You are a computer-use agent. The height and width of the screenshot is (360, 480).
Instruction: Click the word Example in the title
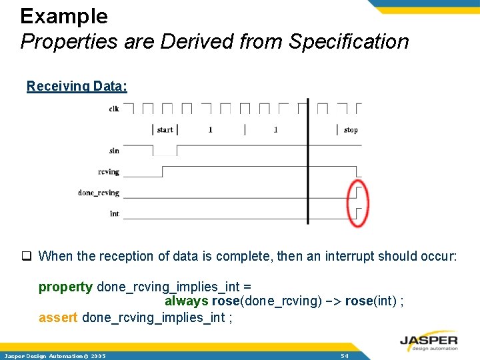pyautogui.click(x=64, y=16)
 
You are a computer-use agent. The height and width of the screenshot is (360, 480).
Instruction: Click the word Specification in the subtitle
pyautogui.click(x=349, y=41)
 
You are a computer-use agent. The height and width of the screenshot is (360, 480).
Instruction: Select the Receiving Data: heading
pyautogui.click(x=77, y=86)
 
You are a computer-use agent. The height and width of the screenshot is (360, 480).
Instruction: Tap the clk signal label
pyautogui.click(x=114, y=109)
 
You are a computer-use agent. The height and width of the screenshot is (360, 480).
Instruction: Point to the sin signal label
pyautogui.click(x=114, y=151)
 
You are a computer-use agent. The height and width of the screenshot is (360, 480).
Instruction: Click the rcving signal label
pyautogui.click(x=109, y=172)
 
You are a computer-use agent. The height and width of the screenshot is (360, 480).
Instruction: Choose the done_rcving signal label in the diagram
pyautogui.click(x=99, y=193)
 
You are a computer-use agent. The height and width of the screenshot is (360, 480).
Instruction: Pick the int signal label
pyautogui.click(x=115, y=213)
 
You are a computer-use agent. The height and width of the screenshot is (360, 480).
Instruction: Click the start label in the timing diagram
pyautogui.click(x=165, y=129)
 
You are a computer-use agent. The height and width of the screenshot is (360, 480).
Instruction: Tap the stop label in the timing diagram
pyautogui.click(x=351, y=129)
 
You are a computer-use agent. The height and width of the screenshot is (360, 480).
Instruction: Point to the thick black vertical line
pyautogui.click(x=307, y=160)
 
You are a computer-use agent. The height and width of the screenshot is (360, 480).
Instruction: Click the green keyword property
pyautogui.click(x=65, y=287)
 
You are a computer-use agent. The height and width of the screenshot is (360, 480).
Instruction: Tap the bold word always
pyautogui.click(x=187, y=301)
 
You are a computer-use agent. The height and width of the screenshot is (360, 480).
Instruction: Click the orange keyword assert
pyautogui.click(x=58, y=317)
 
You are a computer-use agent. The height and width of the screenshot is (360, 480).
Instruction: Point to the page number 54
pyautogui.click(x=345, y=356)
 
